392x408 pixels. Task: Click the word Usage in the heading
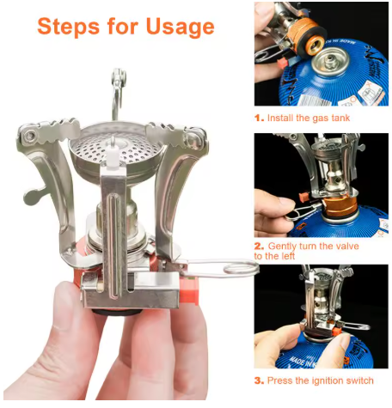pos(180,27)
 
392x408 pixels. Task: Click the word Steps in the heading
pos(69,27)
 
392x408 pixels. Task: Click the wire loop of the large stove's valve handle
pos(241,270)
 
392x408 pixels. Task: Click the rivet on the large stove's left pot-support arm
pos(30,136)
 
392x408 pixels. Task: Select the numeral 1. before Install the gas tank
pos(259,118)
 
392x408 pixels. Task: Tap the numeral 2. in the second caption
pos(259,247)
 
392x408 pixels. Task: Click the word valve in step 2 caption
pos(348,247)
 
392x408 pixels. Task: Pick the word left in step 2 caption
pos(287,256)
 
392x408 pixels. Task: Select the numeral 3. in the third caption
pos(259,381)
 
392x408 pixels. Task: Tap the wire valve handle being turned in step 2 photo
pos(301,211)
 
